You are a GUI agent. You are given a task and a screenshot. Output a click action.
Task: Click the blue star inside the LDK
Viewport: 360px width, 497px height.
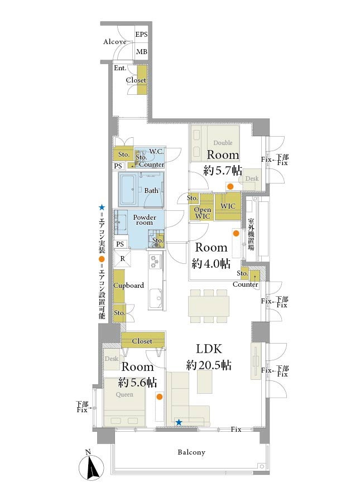click(179, 422)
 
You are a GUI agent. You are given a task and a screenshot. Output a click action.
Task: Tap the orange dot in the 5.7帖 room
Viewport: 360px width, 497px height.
click(231, 186)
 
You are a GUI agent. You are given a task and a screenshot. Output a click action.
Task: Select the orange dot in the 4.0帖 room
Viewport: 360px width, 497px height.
click(236, 234)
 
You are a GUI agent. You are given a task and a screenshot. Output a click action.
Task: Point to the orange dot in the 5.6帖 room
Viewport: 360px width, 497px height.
click(160, 397)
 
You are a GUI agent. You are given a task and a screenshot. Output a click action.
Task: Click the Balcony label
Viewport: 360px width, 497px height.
click(191, 452)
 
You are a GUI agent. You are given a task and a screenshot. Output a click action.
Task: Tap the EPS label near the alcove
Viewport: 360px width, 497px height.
click(141, 34)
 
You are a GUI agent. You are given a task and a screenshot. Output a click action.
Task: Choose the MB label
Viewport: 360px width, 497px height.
click(141, 51)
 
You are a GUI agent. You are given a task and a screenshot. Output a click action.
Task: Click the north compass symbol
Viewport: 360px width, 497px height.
click(92, 466)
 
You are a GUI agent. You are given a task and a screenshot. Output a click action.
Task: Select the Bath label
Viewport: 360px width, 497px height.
click(151, 191)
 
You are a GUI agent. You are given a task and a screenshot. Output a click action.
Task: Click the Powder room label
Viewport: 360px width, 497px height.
click(145, 220)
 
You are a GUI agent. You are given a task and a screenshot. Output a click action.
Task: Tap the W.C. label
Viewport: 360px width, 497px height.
click(156, 152)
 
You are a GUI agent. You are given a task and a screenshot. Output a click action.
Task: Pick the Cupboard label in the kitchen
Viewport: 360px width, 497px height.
click(128, 285)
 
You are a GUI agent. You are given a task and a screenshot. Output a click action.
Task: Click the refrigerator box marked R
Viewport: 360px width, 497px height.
click(122, 259)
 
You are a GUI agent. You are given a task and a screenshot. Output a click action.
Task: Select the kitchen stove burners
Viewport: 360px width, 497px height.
click(156, 262)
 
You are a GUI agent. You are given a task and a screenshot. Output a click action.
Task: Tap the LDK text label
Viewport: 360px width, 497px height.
click(209, 349)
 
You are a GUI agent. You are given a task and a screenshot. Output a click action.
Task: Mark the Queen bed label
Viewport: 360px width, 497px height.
click(124, 394)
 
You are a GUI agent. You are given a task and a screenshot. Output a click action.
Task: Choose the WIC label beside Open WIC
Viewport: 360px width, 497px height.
click(228, 206)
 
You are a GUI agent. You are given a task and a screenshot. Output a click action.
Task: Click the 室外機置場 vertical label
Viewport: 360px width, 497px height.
click(251, 234)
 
